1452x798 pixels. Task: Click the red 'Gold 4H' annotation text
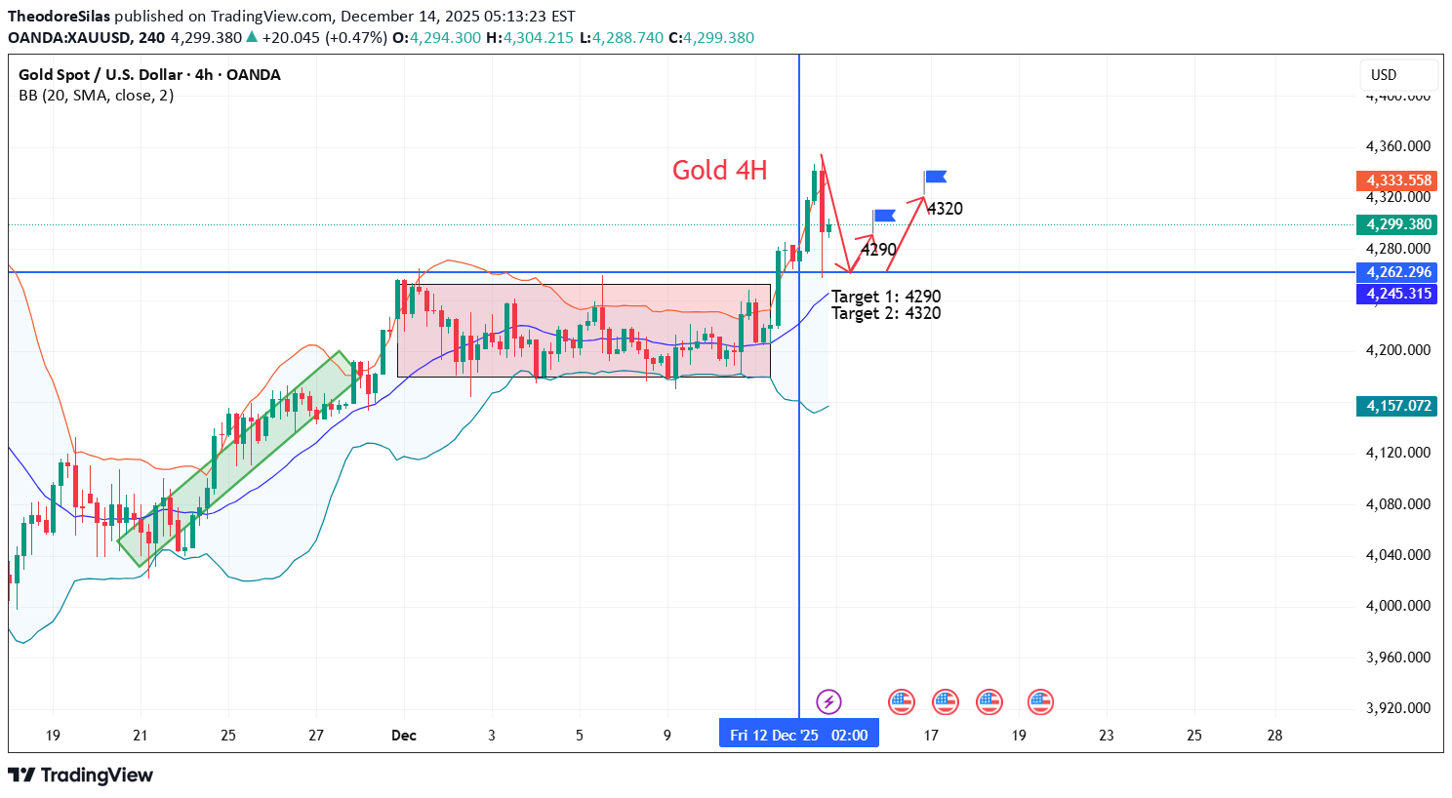click(719, 171)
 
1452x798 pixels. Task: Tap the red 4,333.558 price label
click(1397, 180)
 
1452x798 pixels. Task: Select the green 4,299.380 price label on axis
click(1397, 224)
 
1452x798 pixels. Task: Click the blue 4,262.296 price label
click(1397, 273)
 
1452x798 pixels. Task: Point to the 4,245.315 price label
click(1397, 294)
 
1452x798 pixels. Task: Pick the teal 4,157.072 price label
click(1397, 406)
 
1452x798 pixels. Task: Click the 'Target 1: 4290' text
click(886, 297)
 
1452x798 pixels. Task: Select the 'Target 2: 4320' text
click(886, 313)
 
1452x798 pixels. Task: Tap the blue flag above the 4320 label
click(936, 177)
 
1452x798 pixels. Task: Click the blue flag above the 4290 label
click(884, 216)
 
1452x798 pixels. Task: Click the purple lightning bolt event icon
click(828, 701)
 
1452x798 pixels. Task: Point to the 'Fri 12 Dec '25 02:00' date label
click(798, 735)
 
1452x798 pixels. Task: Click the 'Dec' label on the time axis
click(403, 735)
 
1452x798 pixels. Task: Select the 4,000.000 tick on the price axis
click(1397, 606)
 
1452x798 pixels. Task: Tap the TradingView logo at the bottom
click(81, 776)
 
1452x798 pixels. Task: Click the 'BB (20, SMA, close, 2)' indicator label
click(96, 96)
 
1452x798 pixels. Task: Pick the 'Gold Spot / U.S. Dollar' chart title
click(102, 75)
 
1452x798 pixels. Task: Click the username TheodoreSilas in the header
click(60, 17)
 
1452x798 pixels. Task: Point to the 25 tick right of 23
click(1193, 735)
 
